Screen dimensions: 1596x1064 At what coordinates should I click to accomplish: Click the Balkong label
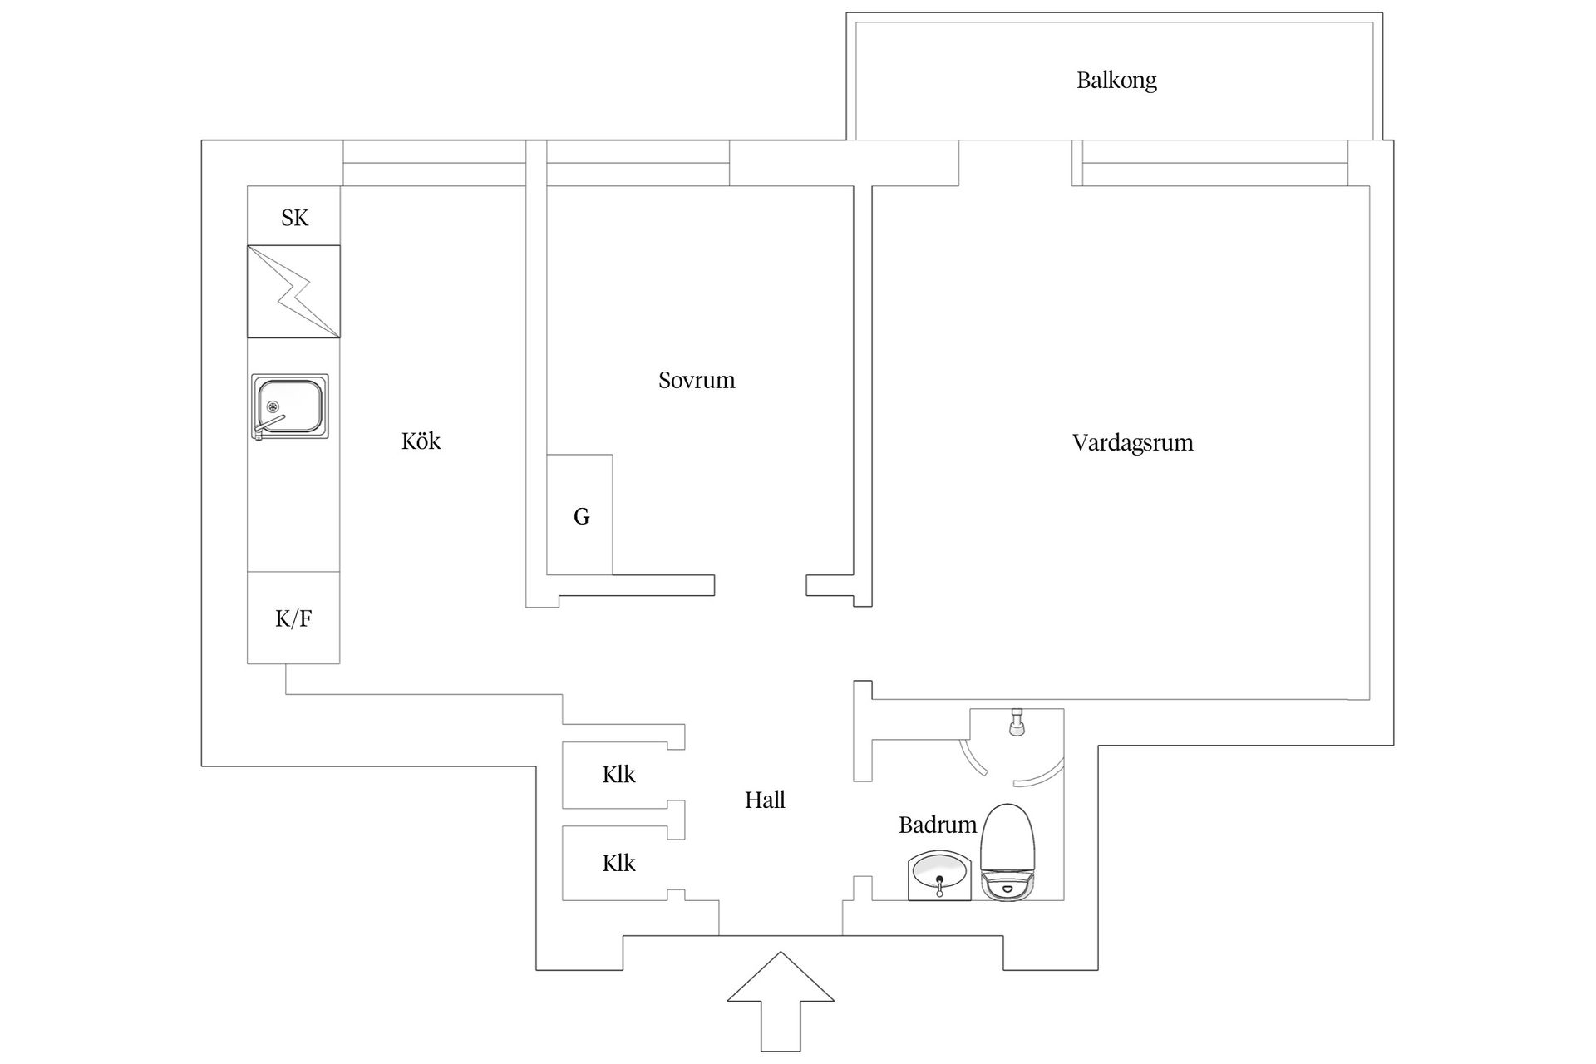pyautogui.click(x=1116, y=81)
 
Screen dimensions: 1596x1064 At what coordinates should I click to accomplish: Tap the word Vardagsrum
pyautogui.click(x=1132, y=442)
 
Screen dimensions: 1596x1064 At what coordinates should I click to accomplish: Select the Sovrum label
pyautogui.click(x=697, y=381)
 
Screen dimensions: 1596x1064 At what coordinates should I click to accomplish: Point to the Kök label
pyautogui.click(x=421, y=441)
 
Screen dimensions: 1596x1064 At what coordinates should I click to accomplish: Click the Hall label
pyautogui.click(x=765, y=800)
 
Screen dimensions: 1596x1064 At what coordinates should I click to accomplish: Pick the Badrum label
pyautogui.click(x=938, y=825)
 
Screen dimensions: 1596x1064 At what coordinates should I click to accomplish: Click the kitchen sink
pyautogui.click(x=289, y=406)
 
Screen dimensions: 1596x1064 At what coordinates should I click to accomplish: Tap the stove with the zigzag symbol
pyautogui.click(x=293, y=291)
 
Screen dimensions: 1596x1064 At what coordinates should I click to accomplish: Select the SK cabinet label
pyautogui.click(x=294, y=218)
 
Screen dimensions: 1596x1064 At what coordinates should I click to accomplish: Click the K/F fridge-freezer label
pyautogui.click(x=293, y=618)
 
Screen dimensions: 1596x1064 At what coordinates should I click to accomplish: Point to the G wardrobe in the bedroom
pyautogui.click(x=579, y=515)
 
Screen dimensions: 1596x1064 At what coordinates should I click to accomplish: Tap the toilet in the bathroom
pyautogui.click(x=1008, y=851)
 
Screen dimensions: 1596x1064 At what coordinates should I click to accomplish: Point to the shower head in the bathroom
pyautogui.click(x=1016, y=723)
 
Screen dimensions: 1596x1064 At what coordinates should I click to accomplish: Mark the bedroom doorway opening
pyautogui.click(x=761, y=585)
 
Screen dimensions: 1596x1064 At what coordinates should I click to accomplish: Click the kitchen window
pyautogui.click(x=434, y=163)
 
